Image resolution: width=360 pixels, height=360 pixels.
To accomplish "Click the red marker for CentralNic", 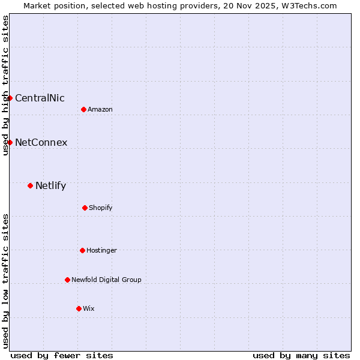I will [x=10, y=98].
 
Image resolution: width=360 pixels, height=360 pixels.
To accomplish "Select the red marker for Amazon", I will [x=83, y=109].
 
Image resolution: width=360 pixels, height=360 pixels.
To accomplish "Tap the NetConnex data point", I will [x=10, y=142].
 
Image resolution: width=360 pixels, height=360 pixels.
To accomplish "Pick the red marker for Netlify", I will [x=30, y=185].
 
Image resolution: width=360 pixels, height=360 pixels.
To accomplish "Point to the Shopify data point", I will [x=85, y=208].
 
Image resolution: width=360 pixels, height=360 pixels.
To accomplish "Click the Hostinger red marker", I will [x=82, y=250].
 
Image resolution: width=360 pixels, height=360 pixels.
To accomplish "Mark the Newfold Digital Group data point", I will [x=67, y=280].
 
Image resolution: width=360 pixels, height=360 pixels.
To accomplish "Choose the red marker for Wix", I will [x=79, y=308].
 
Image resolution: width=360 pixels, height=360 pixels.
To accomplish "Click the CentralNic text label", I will [x=40, y=98].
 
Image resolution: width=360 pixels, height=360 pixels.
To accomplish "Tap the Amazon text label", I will [x=100, y=109].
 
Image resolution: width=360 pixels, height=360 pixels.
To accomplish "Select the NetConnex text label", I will [x=41, y=142].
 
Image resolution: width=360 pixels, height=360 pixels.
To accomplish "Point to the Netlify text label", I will [x=50, y=185].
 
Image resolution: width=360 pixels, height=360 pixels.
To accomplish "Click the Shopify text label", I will [x=101, y=208].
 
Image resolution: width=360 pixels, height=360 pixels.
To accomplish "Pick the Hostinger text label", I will [x=101, y=250].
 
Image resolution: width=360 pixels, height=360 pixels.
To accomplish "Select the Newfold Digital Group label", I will [x=106, y=280].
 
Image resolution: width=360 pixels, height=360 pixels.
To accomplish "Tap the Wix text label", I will [x=89, y=308].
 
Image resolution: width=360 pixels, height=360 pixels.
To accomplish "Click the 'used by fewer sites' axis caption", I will [x=62, y=355].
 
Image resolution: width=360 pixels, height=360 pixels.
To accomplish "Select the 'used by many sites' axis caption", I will [x=301, y=355].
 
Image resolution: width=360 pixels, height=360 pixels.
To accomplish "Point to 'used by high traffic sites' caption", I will [x=5, y=85].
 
